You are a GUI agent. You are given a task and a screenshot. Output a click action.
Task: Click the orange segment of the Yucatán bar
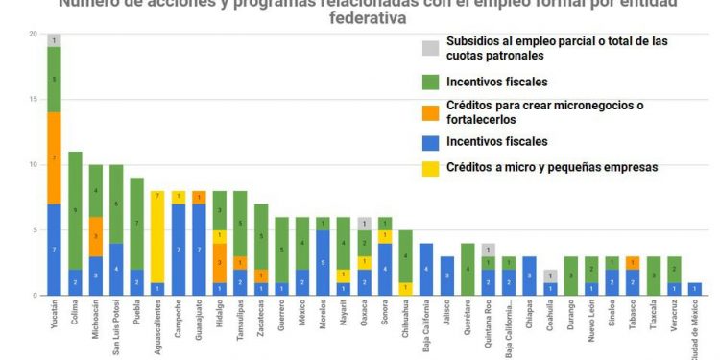[x=55, y=157]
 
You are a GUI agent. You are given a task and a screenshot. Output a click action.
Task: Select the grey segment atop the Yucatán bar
[x=55, y=40]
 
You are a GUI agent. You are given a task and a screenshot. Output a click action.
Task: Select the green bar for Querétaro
[x=468, y=269]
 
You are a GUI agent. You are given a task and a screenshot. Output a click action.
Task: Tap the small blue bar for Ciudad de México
[x=695, y=288]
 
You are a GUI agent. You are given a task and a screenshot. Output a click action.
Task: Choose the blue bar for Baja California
[x=426, y=269]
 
